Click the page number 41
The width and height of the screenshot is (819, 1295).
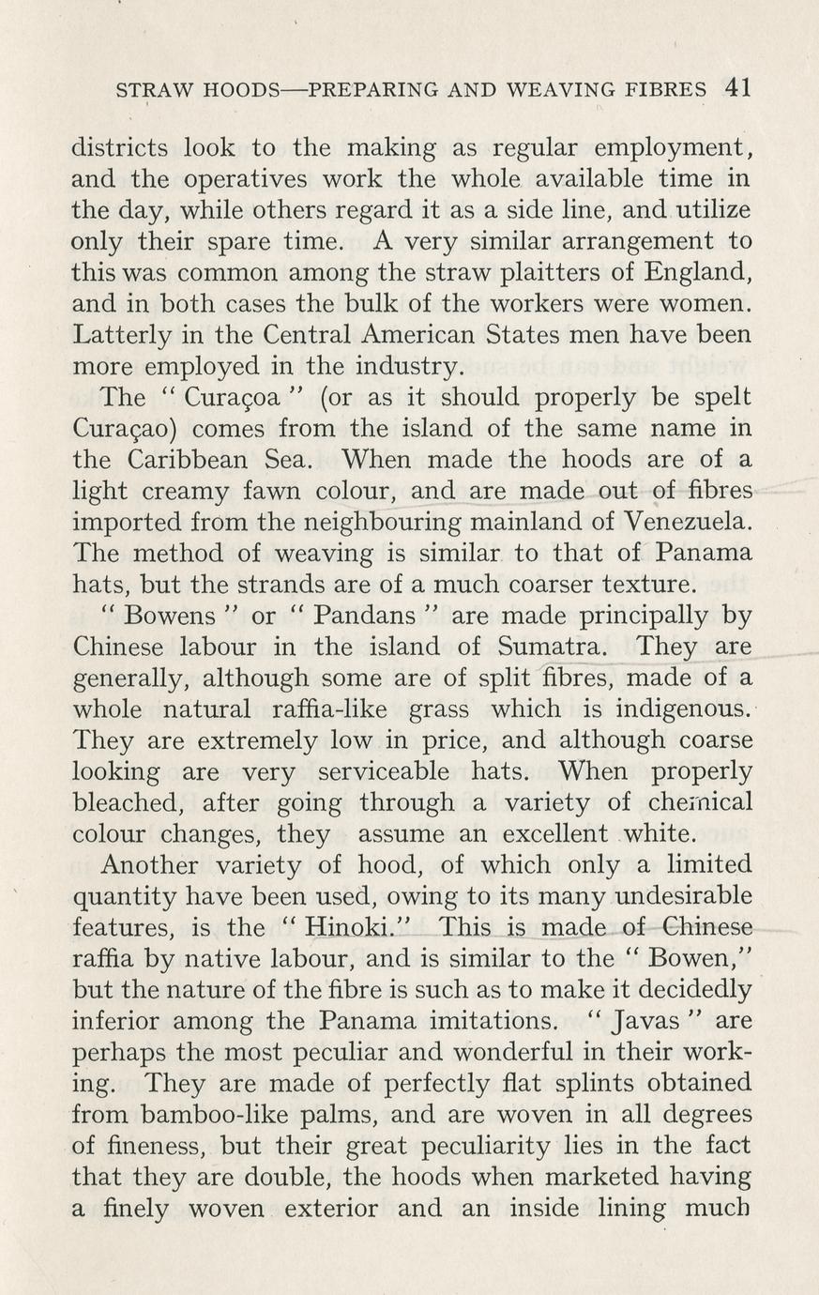(737, 88)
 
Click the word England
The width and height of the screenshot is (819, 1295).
(698, 273)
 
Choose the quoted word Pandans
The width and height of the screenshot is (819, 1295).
(365, 617)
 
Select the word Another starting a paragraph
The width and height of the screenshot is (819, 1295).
(149, 865)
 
